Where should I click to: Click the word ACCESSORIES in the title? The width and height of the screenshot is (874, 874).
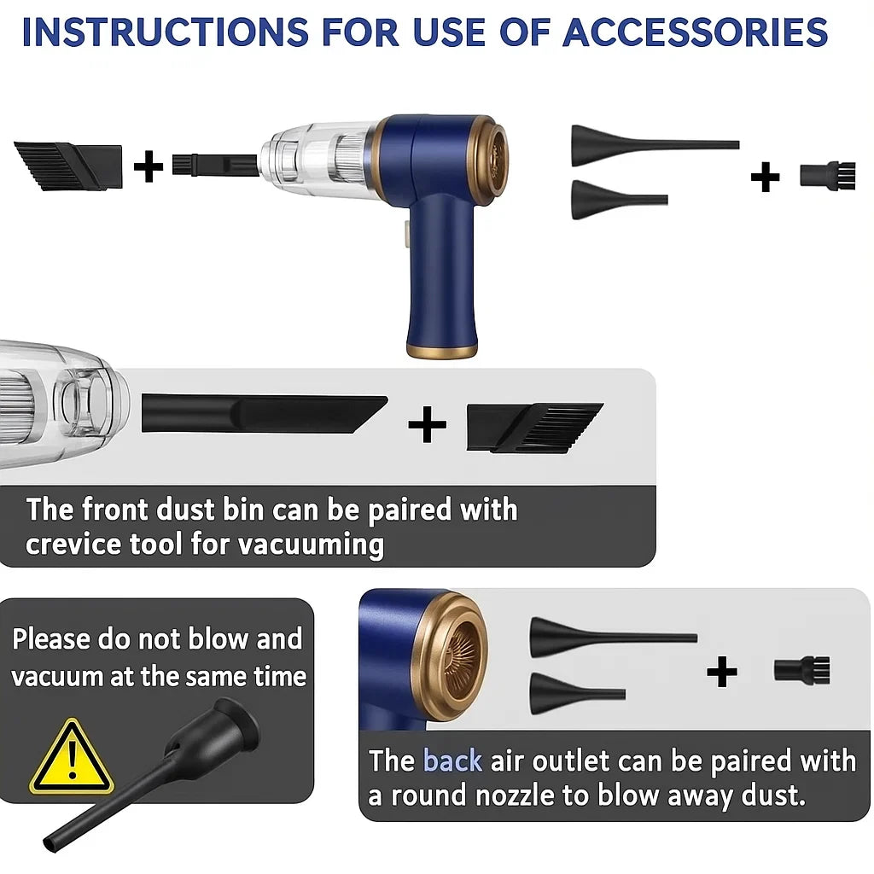tap(695, 32)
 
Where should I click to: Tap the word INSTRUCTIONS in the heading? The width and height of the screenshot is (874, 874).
tap(165, 32)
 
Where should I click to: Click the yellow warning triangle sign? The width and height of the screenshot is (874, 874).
tap(72, 757)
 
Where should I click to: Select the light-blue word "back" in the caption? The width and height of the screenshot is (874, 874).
tap(452, 760)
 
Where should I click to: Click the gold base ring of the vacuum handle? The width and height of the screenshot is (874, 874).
tap(442, 351)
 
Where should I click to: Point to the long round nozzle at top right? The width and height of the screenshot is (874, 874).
tap(655, 145)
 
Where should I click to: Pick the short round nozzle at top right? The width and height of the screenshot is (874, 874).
tap(620, 200)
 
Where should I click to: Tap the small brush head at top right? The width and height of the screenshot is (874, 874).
tap(828, 175)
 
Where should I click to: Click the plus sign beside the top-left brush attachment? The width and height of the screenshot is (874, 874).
tap(149, 166)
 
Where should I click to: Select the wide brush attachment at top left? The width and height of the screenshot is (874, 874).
tap(68, 166)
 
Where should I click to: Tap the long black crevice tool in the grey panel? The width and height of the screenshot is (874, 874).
tap(265, 414)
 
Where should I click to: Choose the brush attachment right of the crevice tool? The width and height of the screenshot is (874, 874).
tap(534, 427)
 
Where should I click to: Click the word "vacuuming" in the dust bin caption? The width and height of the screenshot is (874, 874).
tap(311, 544)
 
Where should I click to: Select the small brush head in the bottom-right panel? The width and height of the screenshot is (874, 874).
tap(802, 669)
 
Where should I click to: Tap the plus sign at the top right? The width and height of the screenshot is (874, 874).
tap(765, 177)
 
